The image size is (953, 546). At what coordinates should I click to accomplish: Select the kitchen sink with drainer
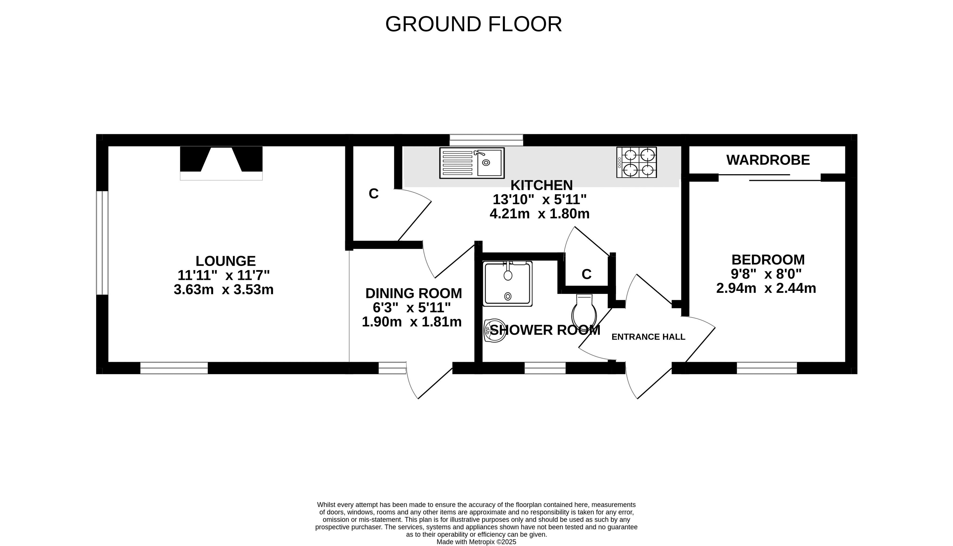tap(472, 163)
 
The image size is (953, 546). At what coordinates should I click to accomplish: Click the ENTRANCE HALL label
tap(648, 337)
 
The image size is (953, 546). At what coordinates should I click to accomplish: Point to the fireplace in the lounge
tap(221, 163)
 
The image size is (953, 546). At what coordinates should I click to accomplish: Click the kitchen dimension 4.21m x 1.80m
tap(539, 214)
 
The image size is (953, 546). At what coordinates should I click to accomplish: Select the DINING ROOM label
tap(413, 293)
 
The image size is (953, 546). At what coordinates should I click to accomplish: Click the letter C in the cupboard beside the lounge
tap(374, 193)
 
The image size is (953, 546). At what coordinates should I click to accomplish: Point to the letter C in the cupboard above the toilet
tap(587, 274)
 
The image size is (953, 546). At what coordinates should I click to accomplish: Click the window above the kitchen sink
tap(486, 140)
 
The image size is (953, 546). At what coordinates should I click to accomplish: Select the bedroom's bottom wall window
tap(767, 368)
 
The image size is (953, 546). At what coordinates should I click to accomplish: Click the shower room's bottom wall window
tap(545, 368)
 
